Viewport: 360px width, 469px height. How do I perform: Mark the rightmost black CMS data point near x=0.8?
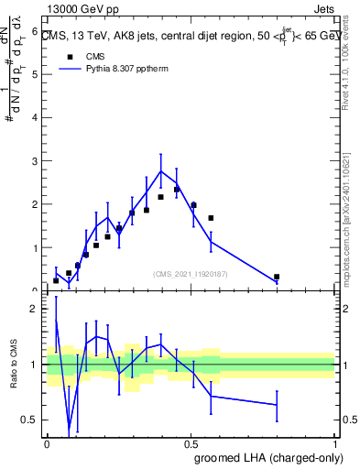point(277,277)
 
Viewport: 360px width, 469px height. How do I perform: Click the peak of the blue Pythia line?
point(161,170)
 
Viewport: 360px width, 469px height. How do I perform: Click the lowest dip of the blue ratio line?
point(70,426)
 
